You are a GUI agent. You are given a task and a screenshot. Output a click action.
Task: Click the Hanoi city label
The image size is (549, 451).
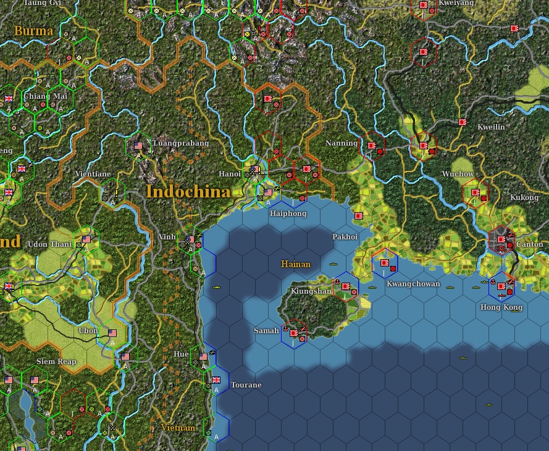click(x=230, y=174)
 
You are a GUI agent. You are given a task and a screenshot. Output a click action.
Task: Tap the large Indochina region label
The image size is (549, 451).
click(x=188, y=192)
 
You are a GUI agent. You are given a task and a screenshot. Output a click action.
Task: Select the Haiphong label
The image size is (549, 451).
click(x=288, y=213)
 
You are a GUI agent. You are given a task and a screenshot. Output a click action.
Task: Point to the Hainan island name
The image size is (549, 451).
click(x=296, y=264)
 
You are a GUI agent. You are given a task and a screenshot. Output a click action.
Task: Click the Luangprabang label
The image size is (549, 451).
click(x=181, y=143)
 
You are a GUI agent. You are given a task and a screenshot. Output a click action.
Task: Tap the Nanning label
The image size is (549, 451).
click(x=342, y=143)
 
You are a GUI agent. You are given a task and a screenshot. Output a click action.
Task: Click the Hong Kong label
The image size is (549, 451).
click(x=501, y=307)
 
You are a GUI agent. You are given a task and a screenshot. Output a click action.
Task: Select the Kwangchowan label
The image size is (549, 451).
click(x=413, y=284)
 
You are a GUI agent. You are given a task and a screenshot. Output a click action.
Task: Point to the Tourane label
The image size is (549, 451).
click(x=246, y=385)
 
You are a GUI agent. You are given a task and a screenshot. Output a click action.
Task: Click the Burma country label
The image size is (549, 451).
click(x=33, y=31)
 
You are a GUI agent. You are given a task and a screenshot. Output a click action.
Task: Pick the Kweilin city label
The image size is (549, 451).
click(x=491, y=126)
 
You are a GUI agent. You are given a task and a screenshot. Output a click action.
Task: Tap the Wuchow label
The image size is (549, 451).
click(x=458, y=174)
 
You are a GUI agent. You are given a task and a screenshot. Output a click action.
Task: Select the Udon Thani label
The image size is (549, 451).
click(x=50, y=244)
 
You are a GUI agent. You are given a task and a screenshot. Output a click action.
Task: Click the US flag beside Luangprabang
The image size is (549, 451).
click(x=138, y=146)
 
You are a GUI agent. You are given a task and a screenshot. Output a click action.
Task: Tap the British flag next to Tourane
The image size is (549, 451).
click(x=216, y=380)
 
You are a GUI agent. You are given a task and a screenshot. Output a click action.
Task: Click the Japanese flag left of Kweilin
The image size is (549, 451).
click(x=462, y=122)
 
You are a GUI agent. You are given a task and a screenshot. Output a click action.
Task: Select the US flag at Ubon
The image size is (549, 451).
click(x=112, y=333)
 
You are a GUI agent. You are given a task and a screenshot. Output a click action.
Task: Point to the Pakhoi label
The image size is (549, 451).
click(x=345, y=236)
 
